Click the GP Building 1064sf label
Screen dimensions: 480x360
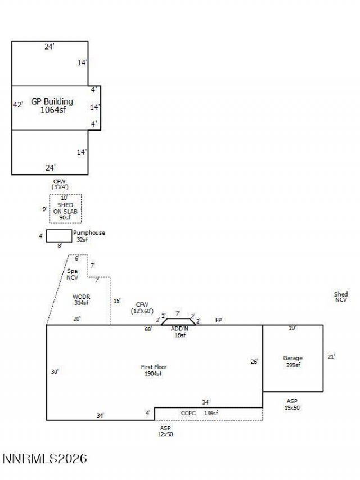[x=52, y=106]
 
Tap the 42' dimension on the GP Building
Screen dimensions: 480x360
[x=18, y=105]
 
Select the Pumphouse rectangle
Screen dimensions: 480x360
[x=58, y=236]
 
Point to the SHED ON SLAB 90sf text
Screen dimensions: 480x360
[x=65, y=211]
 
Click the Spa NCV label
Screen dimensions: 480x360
[x=73, y=274]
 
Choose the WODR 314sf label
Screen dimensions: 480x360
[x=81, y=299]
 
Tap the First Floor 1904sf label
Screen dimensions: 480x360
[x=154, y=370]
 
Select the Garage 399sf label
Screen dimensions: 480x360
[x=292, y=361]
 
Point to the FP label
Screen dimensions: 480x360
[x=218, y=320]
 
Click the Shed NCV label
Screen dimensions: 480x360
[x=340, y=297]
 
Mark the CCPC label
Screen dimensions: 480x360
[x=188, y=413]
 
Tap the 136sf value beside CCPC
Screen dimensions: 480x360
[x=211, y=413]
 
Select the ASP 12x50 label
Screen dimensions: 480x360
[x=165, y=431]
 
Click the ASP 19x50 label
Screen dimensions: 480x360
[x=292, y=404]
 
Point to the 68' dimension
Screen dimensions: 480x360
[x=148, y=329]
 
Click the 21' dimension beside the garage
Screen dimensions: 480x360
[x=331, y=357]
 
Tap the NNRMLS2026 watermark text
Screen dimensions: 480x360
[x=45, y=459]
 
